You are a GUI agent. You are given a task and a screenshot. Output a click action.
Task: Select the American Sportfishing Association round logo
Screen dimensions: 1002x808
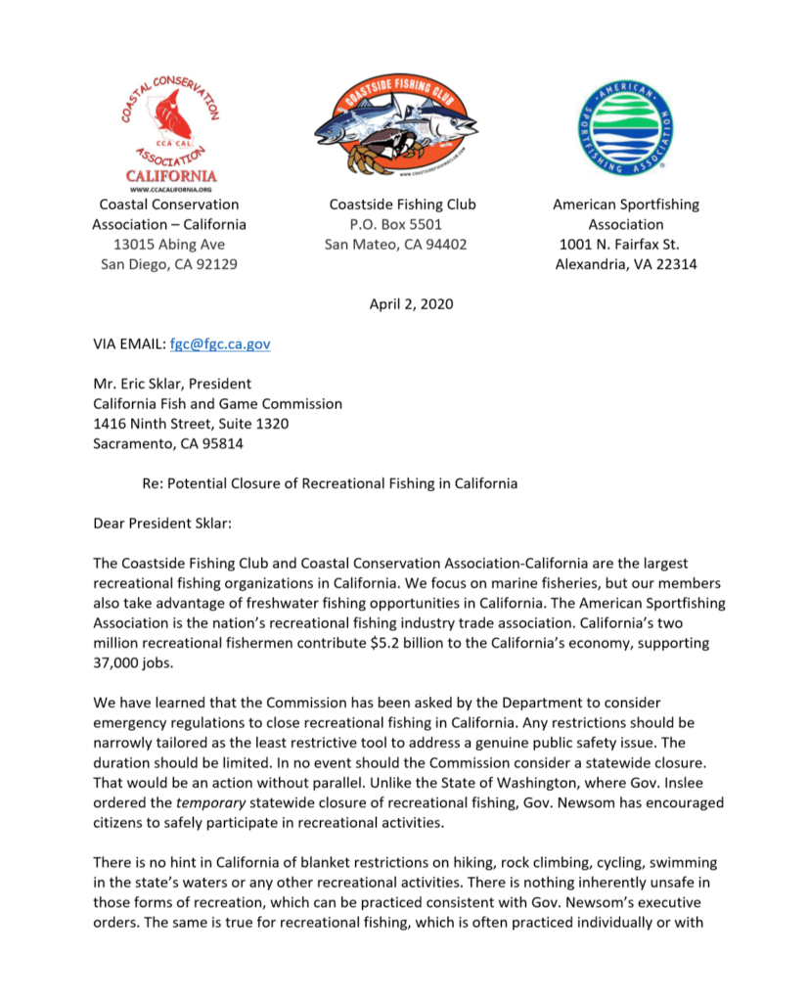click(625, 126)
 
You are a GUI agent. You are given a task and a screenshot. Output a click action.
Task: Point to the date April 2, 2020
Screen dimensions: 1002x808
click(411, 303)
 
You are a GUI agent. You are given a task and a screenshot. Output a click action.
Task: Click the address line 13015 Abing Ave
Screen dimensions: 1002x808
click(169, 244)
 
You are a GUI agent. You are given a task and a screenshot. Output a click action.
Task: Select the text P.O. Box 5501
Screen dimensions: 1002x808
click(388, 224)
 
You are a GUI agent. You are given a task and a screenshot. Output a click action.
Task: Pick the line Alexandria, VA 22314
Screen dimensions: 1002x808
click(626, 264)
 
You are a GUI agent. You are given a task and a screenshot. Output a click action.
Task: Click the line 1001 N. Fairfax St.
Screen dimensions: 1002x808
click(619, 244)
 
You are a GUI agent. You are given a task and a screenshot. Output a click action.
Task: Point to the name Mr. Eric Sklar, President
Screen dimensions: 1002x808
click(172, 384)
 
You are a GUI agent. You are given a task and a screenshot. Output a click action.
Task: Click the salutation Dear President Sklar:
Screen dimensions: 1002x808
click(162, 524)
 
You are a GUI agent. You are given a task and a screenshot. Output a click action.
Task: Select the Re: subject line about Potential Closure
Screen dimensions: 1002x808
click(330, 483)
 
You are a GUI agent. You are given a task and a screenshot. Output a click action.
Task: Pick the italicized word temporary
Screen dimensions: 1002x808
click(210, 802)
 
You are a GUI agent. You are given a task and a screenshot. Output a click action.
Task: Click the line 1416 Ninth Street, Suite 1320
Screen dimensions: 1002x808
click(191, 424)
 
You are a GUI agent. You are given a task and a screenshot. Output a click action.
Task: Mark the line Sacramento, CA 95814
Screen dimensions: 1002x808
click(168, 443)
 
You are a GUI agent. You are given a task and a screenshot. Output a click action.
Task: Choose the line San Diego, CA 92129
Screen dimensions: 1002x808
click(169, 264)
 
